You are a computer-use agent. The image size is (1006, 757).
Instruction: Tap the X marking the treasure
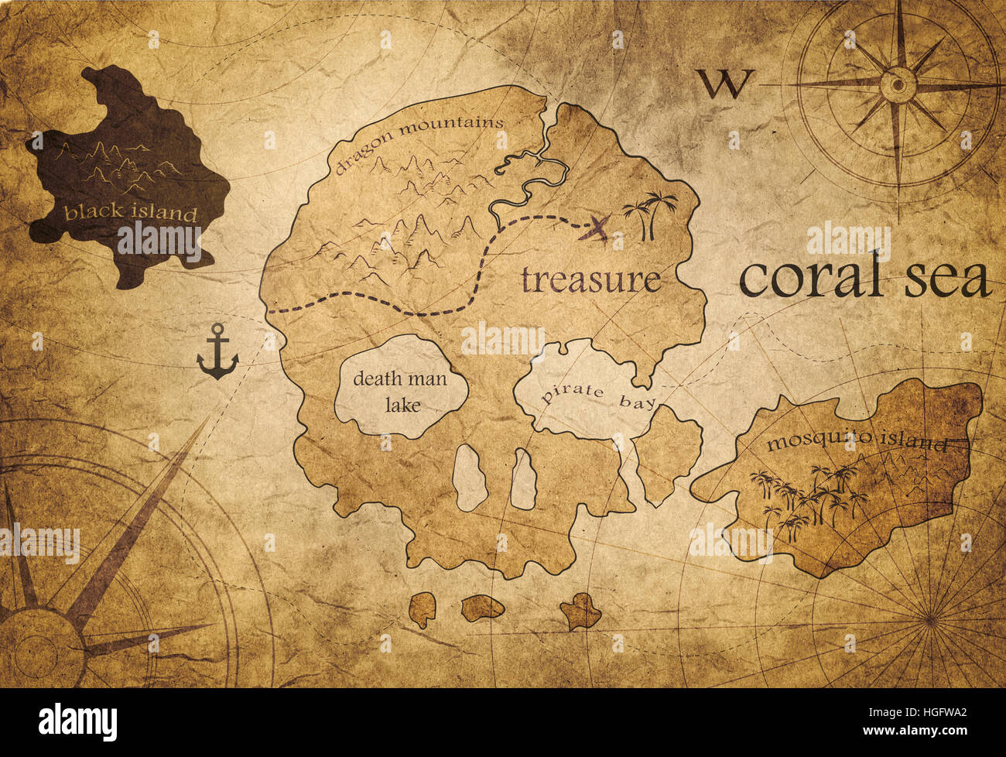point(597,228)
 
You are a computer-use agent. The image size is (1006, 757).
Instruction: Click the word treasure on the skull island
point(590,279)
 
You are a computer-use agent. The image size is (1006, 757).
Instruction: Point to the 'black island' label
point(130,213)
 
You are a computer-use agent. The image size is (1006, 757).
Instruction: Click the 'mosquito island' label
point(856,444)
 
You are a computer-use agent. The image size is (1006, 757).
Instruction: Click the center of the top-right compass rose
point(898,81)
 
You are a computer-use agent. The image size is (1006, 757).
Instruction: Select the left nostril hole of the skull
point(468,478)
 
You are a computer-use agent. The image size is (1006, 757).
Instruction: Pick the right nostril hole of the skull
point(524,480)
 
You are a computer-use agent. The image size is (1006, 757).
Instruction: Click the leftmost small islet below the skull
point(423,609)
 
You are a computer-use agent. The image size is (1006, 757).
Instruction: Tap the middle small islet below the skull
point(482,608)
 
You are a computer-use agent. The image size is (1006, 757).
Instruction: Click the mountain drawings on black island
point(116,166)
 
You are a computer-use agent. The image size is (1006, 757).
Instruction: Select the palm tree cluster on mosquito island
point(809,499)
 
